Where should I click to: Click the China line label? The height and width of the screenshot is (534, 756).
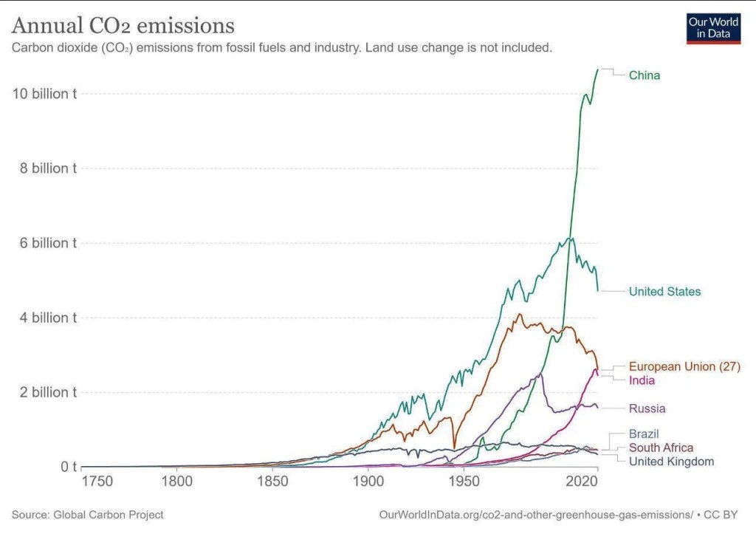644,75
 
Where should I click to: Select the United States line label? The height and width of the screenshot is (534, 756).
664,292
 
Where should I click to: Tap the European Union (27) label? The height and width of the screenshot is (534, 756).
684,366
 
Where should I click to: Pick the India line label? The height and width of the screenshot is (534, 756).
642,380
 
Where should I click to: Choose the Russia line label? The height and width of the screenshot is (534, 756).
647,408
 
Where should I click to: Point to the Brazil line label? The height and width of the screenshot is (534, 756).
643,434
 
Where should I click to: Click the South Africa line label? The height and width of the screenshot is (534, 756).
661,448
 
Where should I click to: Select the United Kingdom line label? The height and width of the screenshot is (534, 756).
671,462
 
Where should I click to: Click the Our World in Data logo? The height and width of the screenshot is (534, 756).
712,27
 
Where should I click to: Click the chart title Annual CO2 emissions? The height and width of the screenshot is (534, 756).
123,27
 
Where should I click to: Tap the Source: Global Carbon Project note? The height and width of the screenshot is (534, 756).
87,514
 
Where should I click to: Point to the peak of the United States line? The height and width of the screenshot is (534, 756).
570,238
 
